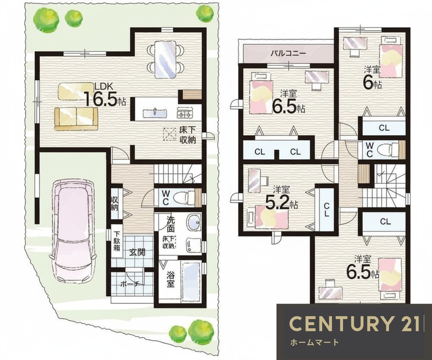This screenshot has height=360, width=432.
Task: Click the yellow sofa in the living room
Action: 76,118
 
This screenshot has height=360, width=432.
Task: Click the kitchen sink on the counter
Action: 155,113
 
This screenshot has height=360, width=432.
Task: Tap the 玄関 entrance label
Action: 137,253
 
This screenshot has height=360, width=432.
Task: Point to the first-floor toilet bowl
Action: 187,198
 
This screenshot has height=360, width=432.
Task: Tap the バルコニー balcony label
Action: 288,53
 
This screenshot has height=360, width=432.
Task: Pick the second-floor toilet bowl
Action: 388,150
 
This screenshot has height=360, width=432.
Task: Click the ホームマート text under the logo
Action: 314,343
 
